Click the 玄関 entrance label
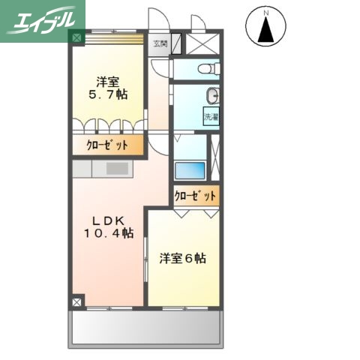[160, 43]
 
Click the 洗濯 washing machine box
[211, 116]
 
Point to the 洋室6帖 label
[183, 259]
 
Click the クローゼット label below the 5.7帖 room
[107, 145]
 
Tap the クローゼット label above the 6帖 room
[196, 196]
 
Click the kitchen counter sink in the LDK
[117, 169]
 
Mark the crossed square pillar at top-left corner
[77, 35]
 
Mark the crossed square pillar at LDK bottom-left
[77, 302]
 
